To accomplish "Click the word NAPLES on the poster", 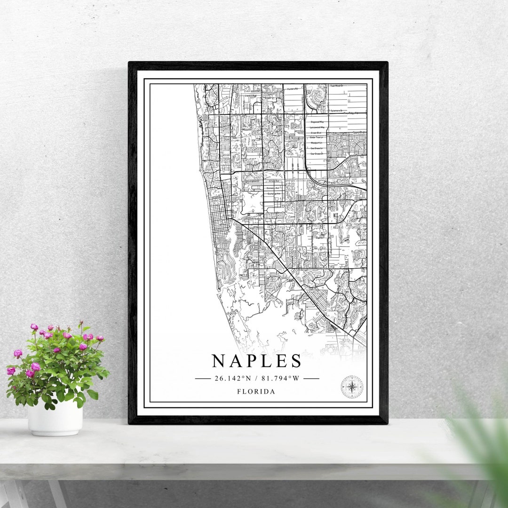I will click(256, 361).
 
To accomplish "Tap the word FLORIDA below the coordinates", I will click(256, 391).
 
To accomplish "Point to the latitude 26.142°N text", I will click(231, 378).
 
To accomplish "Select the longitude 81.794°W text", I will click(281, 378).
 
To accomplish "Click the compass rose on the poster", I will click(352, 387).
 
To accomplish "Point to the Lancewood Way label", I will click(317, 127).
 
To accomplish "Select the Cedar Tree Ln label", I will click(316, 137).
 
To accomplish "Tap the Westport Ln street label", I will click(316, 143).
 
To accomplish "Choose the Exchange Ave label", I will click(274, 193).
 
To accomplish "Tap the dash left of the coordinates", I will click(203, 378).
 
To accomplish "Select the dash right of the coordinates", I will click(311, 378).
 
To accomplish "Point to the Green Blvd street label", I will click(316, 132).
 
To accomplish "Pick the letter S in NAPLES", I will click(295, 361).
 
